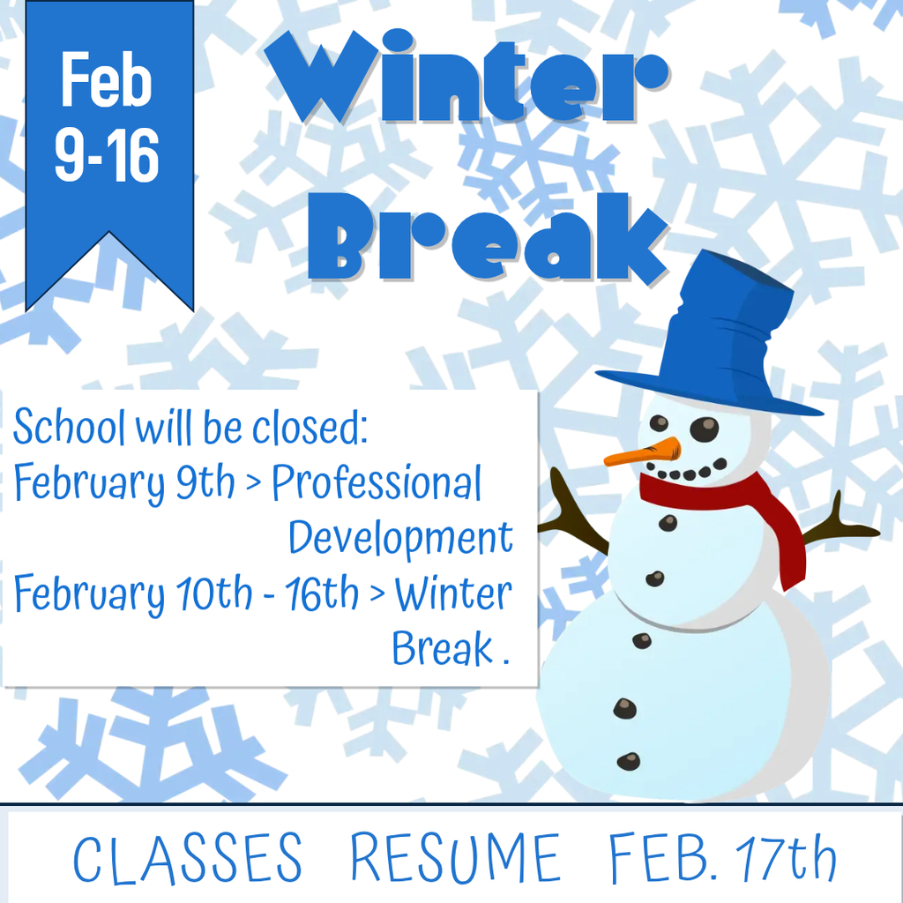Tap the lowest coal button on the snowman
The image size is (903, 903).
(x=628, y=760)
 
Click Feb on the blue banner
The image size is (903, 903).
(x=107, y=81)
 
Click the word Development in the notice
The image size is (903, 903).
(x=400, y=538)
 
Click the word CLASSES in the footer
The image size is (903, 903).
(x=187, y=859)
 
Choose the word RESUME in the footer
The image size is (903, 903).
(x=454, y=859)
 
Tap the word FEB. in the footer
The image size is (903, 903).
(x=663, y=859)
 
